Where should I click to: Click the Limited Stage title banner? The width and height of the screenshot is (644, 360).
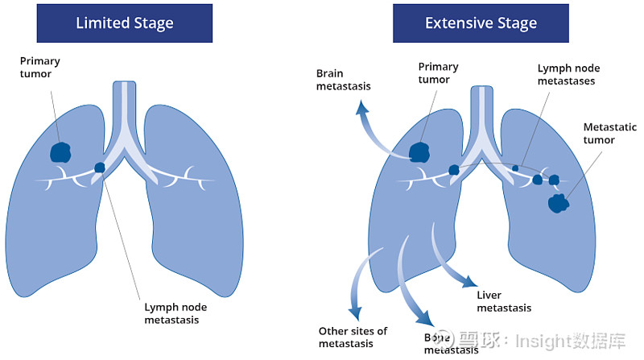[124, 23]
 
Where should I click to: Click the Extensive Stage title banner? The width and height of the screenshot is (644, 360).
[481, 23]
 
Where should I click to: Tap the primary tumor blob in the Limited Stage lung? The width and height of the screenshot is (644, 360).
[60, 151]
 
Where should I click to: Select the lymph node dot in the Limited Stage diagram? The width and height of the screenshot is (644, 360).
[100, 168]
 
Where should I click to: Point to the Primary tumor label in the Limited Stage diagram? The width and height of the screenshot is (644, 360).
[40, 68]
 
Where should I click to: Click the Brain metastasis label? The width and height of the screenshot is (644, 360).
[341, 80]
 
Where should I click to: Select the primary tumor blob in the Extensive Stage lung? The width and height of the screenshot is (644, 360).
[419, 151]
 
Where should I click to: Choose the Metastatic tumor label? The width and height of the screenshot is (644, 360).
[609, 134]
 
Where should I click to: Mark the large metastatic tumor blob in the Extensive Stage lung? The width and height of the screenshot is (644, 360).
[558, 203]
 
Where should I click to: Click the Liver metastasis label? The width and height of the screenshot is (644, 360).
[504, 301]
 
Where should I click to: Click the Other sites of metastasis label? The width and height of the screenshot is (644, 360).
[353, 337]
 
